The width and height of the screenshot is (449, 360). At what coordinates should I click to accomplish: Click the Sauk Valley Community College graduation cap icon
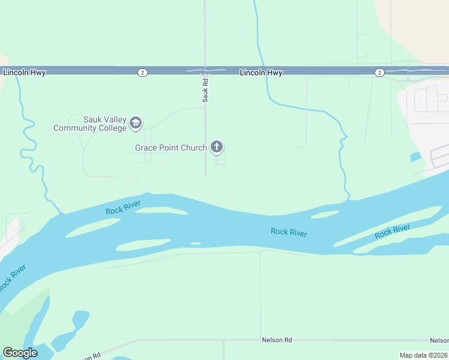coord(136,124)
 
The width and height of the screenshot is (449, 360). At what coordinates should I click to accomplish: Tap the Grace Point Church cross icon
coord(217,147)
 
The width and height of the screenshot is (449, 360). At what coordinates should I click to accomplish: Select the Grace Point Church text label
coord(170,148)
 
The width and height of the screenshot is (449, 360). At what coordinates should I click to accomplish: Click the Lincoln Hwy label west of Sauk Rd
coord(25,73)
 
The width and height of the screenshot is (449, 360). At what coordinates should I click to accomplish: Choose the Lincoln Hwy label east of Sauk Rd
coord(261,73)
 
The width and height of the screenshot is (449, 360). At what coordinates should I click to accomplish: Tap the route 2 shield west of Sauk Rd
coord(142,73)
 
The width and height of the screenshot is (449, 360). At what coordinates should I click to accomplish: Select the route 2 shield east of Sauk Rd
coord(379,73)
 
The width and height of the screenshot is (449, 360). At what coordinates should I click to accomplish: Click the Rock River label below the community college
coord(123,208)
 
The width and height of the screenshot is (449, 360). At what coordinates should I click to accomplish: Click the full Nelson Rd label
coord(277,340)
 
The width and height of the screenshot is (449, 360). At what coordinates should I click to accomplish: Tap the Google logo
coord(20,353)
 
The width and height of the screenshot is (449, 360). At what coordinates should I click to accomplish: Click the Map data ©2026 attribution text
coord(423,355)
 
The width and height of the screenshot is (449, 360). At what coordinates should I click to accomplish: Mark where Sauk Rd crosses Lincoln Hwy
coord(205,70)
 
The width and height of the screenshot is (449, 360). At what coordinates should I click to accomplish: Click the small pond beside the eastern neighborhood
coord(415,158)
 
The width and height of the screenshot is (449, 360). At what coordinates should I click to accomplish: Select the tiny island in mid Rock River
coord(194,244)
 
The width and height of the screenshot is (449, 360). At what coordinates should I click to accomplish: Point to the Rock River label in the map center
coord(289,232)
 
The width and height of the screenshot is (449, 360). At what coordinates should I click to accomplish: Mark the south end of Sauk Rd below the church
coord(205,174)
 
